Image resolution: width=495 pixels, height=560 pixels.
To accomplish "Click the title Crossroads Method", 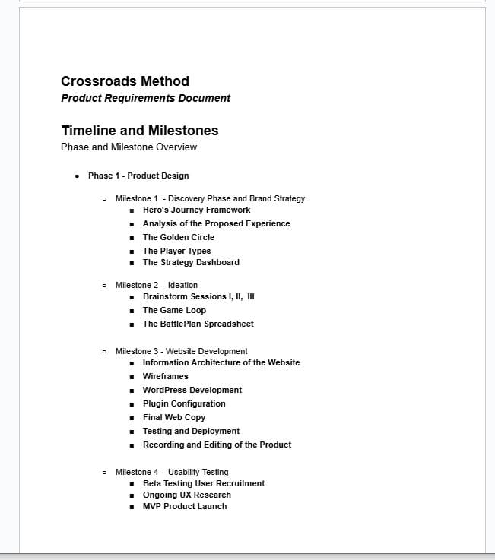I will tap(125, 81).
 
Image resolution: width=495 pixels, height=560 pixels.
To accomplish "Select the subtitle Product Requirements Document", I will tap(145, 98).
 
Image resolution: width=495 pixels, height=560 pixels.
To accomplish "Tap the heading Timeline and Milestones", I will tap(139, 131).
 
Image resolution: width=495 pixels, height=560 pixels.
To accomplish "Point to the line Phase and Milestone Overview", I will tap(129, 147).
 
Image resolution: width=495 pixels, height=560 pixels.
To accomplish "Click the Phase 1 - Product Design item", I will tap(138, 176).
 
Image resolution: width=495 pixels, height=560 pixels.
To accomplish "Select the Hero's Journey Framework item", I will tap(196, 210).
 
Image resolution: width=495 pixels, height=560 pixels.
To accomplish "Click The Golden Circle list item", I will tap(179, 237).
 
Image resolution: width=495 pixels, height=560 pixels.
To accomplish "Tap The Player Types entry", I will tap(176, 251).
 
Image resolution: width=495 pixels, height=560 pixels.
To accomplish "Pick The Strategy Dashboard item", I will tap(191, 262).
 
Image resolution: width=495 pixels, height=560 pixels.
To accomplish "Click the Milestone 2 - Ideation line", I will tap(156, 285).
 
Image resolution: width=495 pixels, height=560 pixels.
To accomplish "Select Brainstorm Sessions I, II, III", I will tap(198, 296).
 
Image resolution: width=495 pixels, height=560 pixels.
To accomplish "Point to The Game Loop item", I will tap(174, 310).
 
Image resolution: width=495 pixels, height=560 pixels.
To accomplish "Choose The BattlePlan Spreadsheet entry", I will tap(198, 324).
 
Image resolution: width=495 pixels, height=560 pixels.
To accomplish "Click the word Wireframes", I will tap(165, 376).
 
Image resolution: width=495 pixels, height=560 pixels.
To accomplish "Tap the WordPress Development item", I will tap(192, 390).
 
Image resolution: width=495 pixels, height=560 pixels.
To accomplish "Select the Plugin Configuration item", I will tap(184, 403).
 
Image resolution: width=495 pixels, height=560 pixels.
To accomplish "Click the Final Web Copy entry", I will tap(174, 417).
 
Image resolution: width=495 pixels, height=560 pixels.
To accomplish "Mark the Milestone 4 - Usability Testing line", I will tap(171, 472).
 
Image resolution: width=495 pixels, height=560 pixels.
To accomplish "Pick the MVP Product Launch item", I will tap(185, 506).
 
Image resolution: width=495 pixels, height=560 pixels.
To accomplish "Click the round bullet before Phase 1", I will tap(78, 176).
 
